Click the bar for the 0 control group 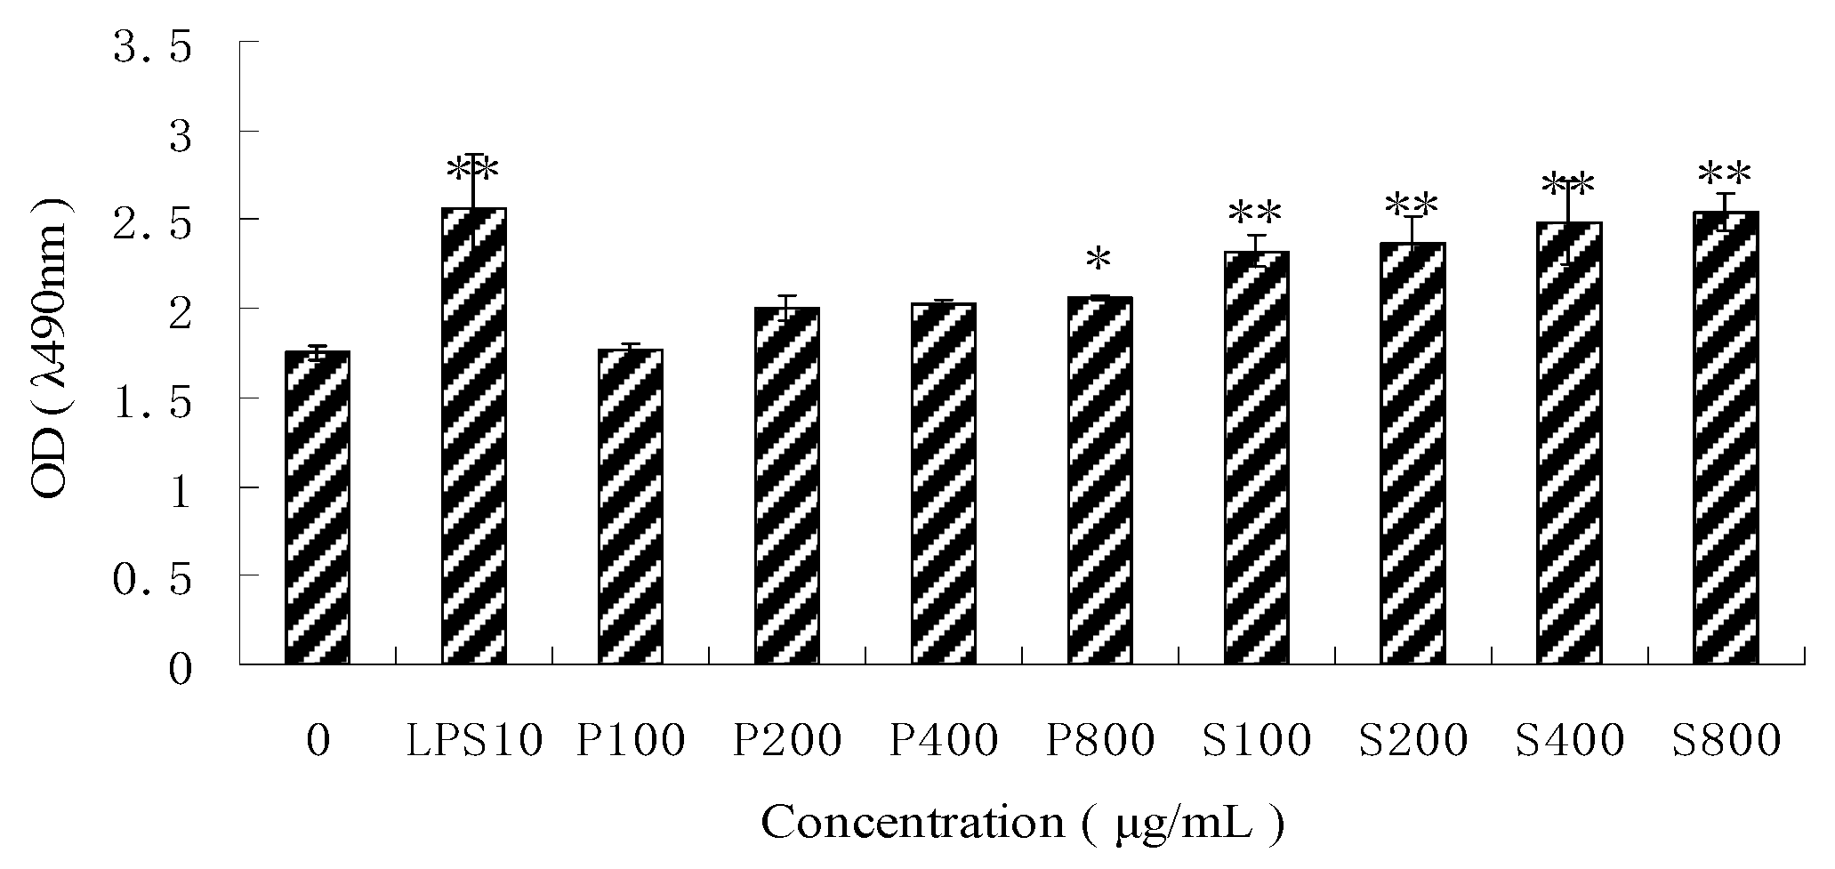[318, 507]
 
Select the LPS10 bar [474, 436]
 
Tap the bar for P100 [631, 507]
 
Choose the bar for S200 [1412, 454]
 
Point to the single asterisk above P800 [1099, 260]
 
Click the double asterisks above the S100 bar [1255, 213]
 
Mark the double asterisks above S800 [1725, 174]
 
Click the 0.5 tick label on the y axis [152, 580]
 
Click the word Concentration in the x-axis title [912, 823]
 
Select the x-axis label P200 [786, 741]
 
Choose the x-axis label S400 [1569, 741]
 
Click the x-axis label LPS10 [474, 741]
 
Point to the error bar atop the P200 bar [786, 307]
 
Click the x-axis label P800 [1099, 741]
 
